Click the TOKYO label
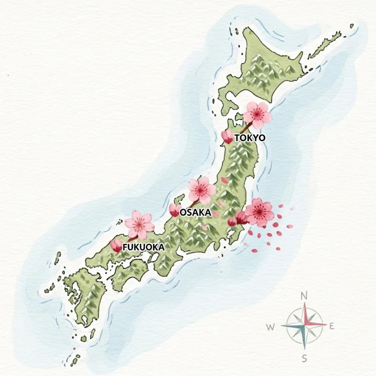click(x=249, y=138)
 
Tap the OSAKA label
click(x=195, y=213)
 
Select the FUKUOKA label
click(x=143, y=247)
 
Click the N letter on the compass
click(x=304, y=296)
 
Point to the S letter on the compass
click(x=304, y=358)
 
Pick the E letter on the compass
click(x=332, y=326)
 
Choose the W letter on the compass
click(x=270, y=327)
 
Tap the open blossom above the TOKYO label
click(x=257, y=114)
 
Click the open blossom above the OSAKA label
click(x=202, y=190)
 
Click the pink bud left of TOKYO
click(x=227, y=137)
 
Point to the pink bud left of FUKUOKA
click(x=116, y=246)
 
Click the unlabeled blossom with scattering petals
click(x=259, y=212)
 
